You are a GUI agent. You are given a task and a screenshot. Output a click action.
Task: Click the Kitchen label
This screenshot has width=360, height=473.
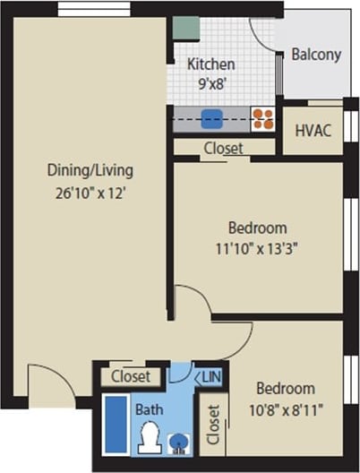[x=211, y=64]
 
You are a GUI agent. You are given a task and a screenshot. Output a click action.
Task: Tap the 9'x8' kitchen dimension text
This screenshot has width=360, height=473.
[x=211, y=83]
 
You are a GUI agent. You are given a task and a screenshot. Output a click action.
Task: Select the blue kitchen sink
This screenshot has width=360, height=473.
[x=211, y=118]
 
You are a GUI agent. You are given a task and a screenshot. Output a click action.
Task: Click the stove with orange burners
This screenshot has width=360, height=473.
[x=262, y=118]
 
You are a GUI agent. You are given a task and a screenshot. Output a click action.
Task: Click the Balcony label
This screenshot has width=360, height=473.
[x=317, y=55]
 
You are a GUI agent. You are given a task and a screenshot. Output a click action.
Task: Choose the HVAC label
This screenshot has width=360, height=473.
[x=313, y=131]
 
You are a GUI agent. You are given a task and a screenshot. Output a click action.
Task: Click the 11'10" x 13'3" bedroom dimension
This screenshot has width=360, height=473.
[x=257, y=247]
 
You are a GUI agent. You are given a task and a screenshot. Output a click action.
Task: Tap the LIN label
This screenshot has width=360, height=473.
[x=213, y=377]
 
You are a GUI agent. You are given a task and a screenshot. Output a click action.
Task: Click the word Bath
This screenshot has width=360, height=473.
[x=149, y=409]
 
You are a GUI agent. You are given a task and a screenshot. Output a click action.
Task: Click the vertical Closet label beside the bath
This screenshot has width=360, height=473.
[x=214, y=426]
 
